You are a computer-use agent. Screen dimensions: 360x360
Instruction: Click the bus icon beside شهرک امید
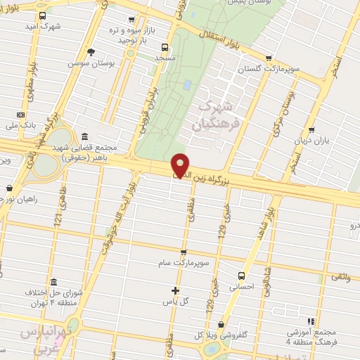click(x=42, y=15)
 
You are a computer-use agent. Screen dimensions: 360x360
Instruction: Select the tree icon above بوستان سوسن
click(x=91, y=51)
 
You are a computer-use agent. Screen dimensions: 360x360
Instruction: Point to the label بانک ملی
click(x=20, y=125)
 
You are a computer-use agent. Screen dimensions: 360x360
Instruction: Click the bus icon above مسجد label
click(x=165, y=47)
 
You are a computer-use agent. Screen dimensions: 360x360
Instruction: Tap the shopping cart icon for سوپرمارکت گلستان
click(x=268, y=58)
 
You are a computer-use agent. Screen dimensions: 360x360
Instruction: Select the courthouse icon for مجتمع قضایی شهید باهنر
click(x=85, y=136)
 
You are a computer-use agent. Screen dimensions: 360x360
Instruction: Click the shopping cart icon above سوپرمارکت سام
click(x=184, y=252)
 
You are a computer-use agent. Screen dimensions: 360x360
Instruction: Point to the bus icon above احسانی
click(x=242, y=276)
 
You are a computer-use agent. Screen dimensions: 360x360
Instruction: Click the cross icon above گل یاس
click(x=176, y=290)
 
